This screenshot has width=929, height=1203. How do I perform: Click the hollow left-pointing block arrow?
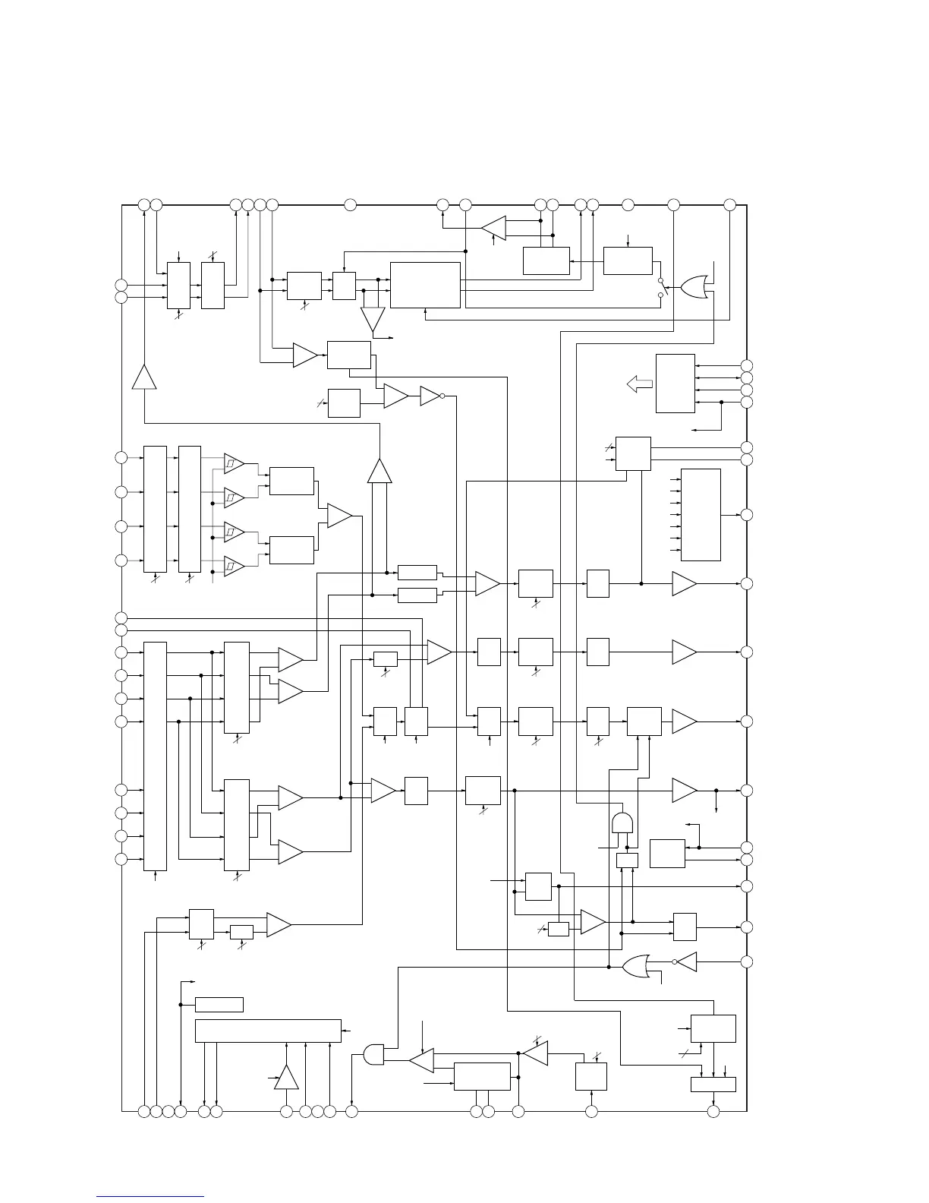click(x=639, y=385)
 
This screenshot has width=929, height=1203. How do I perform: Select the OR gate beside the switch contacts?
click(x=694, y=287)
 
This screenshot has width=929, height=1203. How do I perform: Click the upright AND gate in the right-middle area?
click(x=622, y=823)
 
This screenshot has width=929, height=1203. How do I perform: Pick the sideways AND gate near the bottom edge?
click(x=373, y=1054)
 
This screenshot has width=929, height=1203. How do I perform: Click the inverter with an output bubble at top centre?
click(x=431, y=396)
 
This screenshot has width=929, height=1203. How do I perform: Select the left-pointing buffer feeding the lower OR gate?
click(x=687, y=961)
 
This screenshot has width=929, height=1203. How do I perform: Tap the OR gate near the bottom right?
click(x=638, y=966)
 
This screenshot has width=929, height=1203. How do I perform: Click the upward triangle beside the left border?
click(x=144, y=377)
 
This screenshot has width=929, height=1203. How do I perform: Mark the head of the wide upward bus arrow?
click(x=379, y=470)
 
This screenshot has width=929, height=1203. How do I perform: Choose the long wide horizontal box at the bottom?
click(x=268, y=1031)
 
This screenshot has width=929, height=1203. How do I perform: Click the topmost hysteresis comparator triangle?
click(x=234, y=463)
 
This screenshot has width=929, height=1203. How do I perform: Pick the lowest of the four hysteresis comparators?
click(x=234, y=566)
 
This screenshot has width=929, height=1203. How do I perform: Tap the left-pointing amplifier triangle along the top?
click(x=494, y=226)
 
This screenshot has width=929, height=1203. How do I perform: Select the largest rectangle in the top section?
click(x=425, y=285)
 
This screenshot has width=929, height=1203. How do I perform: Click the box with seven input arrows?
click(x=701, y=514)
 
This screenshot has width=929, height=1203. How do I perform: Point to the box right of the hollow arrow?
click(x=675, y=383)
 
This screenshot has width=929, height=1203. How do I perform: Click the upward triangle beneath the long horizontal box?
click(x=286, y=1078)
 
